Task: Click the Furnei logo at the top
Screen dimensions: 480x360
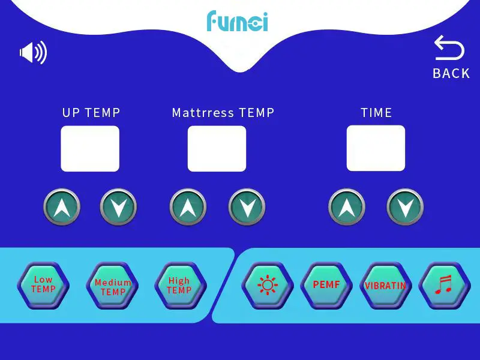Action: pos(237,21)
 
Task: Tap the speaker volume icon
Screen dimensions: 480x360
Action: pos(33,53)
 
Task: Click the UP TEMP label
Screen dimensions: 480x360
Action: pos(91,113)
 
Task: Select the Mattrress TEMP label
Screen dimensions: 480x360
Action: pos(223,113)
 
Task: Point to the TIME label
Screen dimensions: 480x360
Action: pos(376,113)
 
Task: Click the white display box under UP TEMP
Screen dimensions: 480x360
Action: pos(90,148)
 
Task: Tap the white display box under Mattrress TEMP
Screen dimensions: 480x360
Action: pos(217,148)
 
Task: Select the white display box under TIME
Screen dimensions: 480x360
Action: pos(376,148)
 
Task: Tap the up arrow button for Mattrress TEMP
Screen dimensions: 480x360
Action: pos(188,208)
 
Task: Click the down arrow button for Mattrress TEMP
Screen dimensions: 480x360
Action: pos(247,208)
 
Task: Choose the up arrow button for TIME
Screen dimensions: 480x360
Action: pos(347,208)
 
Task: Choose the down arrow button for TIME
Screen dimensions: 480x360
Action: pos(405,208)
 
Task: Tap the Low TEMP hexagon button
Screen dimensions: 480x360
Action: pos(43,285)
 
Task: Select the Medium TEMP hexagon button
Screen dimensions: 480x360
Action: pos(113,286)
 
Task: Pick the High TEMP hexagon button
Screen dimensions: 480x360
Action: pos(179,286)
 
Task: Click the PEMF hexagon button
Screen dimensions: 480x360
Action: pos(326,285)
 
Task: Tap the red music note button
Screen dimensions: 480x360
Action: pos(444,285)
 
